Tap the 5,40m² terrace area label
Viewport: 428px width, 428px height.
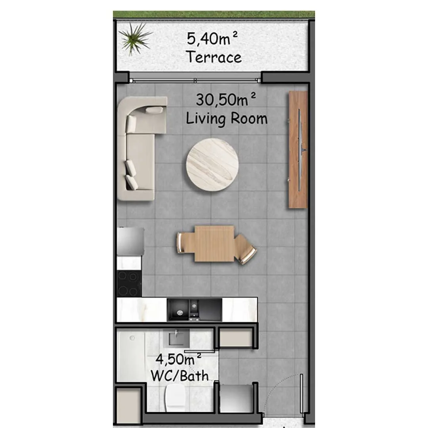pos(212,38)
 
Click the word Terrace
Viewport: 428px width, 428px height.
pos(214,57)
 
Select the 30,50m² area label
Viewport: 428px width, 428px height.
pos(226,99)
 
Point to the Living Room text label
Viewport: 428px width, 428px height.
pos(227,119)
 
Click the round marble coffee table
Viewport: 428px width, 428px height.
pos(212,164)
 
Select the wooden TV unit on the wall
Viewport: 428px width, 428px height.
pos(298,149)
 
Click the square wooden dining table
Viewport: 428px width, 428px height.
pos(214,243)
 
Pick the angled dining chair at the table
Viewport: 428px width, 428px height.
pos(245,249)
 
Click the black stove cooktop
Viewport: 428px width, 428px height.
pos(129,284)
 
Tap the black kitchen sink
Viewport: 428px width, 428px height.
pos(194,310)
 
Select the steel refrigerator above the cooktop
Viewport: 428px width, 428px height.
pos(130,241)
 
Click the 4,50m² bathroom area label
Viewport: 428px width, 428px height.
pos(178,359)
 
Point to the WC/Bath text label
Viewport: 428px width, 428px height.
pos(180,376)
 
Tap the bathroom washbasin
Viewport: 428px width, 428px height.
pos(176,338)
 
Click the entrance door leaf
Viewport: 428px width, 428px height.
pos(301,394)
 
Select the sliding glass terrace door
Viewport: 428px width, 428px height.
pos(195,80)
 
